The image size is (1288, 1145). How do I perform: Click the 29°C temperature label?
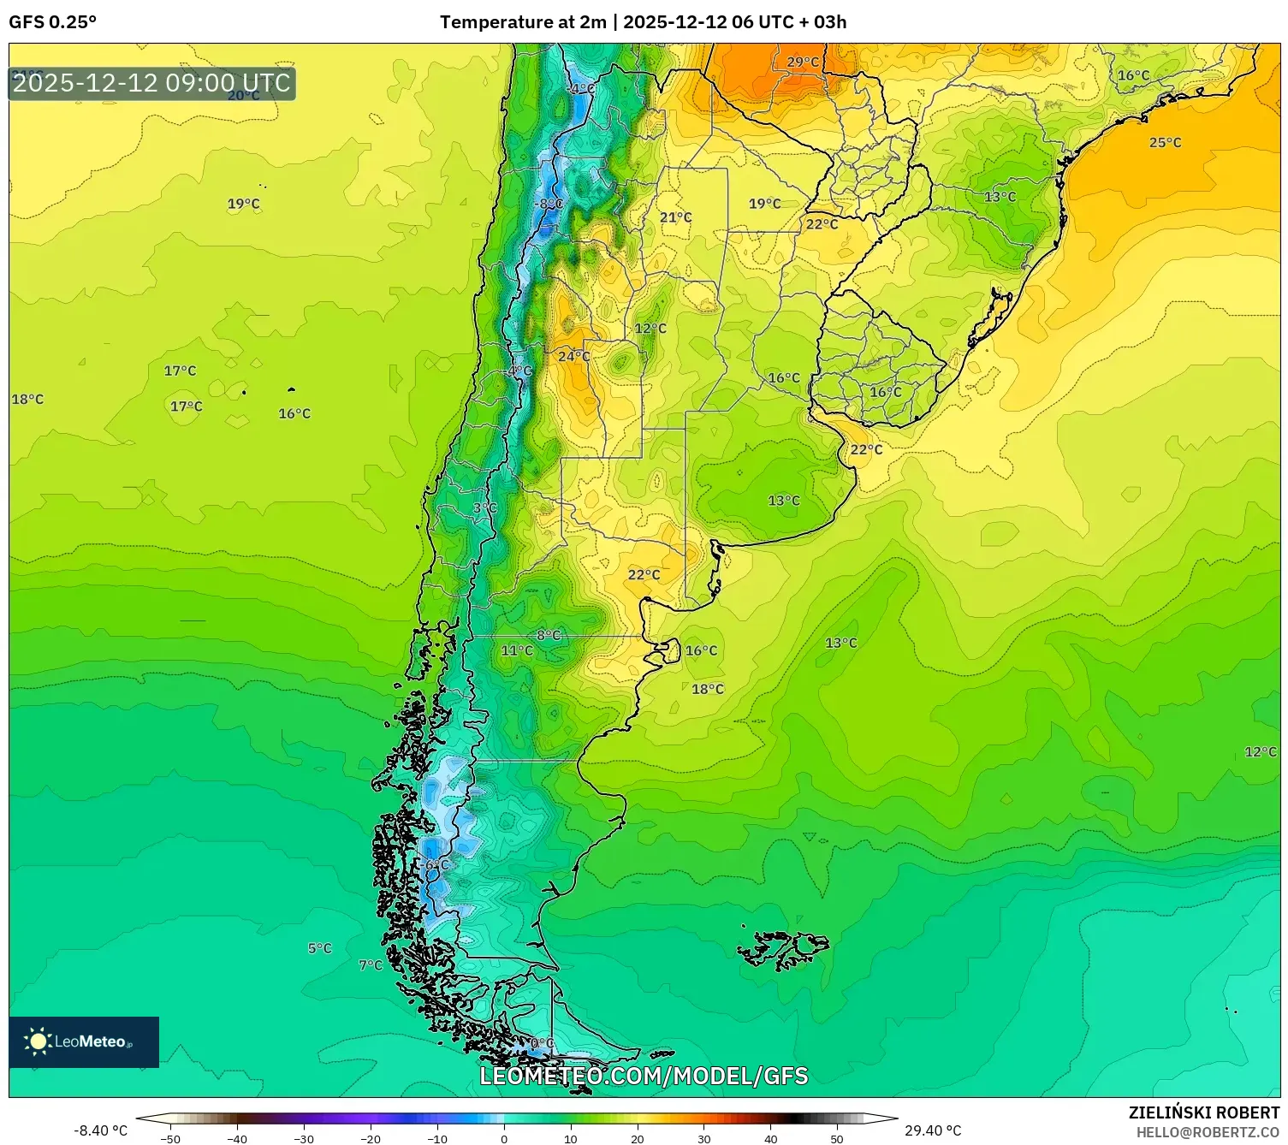802,62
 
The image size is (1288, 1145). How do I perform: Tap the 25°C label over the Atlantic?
1165,143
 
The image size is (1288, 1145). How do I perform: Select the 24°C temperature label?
573,356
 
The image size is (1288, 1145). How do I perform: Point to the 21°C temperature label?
675,217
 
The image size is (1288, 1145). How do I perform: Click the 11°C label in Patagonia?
516,650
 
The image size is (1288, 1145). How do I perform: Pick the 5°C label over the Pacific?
319,948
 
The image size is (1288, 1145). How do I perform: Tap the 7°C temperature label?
371,965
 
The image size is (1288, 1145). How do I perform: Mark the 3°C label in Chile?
484,507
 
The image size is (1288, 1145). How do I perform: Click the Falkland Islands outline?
783,949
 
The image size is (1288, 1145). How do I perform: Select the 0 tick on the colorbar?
503,1138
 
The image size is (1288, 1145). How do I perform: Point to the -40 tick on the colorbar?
237,1138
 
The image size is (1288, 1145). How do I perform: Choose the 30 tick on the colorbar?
703,1138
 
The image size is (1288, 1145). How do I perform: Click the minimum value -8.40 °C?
100,1130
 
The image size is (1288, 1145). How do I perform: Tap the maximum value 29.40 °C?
933,1130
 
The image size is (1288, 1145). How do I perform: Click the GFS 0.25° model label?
52,22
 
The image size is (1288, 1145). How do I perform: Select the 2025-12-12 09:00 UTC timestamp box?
151,83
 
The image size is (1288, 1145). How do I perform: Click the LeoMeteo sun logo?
38,1041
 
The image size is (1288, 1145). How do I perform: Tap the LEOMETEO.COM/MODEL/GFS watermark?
644,1076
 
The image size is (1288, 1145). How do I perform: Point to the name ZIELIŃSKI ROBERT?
1203,1112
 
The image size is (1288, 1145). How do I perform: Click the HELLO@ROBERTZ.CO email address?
1208,1132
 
